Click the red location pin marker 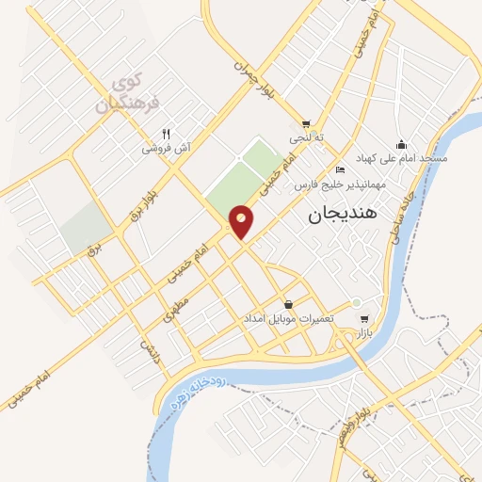242,221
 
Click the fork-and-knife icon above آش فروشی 167,134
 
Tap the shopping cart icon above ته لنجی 306,123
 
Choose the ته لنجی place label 306,137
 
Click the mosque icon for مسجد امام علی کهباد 402,144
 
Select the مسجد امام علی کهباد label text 402,158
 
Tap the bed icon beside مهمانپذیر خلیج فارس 340,170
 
